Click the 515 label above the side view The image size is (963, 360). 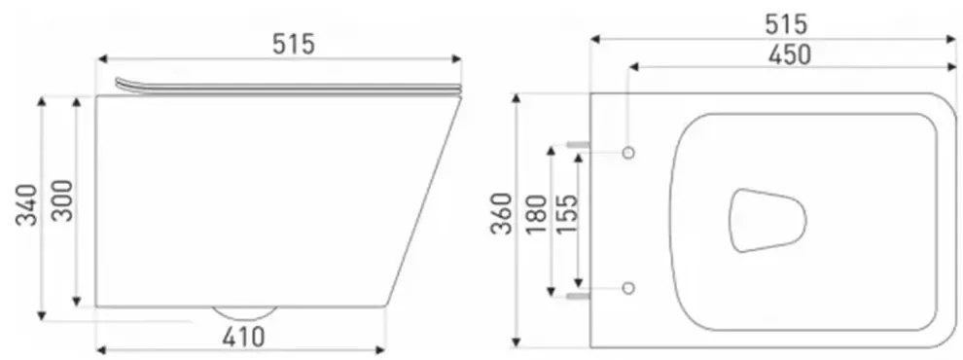coord(294,44)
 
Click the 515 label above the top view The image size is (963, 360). coord(786,24)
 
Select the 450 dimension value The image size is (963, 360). coord(790,54)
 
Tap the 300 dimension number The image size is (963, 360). coord(62,200)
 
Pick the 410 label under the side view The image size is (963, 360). coord(244,337)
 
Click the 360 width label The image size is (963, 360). coord(502,213)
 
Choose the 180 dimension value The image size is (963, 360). coord(537,214)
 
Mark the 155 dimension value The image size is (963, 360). coord(566,214)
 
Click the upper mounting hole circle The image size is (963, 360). coord(627,153)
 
